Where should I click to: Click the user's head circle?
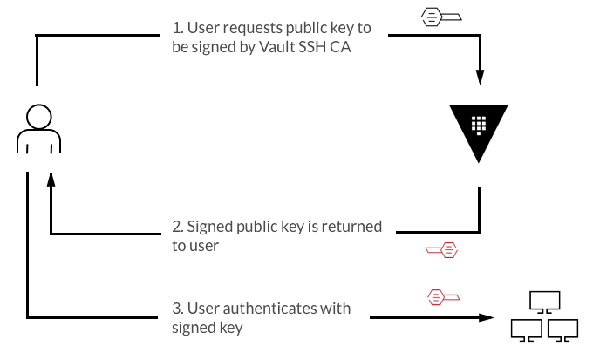coord(38,117)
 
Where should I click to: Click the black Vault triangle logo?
coord(479,131)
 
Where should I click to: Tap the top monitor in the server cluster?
coord(545,302)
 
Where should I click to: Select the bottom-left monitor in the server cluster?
coord(526,329)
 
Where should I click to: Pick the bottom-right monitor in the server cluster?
coord(563,329)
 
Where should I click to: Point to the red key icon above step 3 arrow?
coord(443,297)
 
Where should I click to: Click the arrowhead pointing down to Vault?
coord(479,76)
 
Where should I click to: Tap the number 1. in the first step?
coord(178,29)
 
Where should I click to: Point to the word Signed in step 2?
coord(211,227)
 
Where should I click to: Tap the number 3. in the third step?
coord(178,309)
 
